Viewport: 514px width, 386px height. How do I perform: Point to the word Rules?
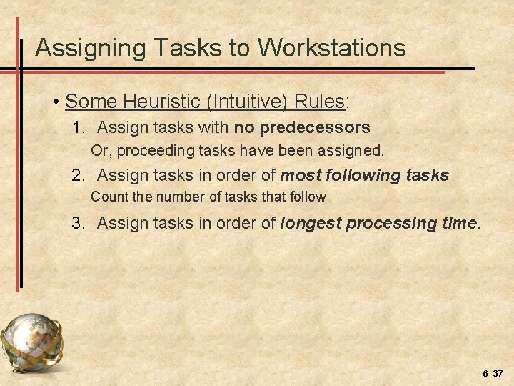[x=319, y=101]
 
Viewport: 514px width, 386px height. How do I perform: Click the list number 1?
[x=77, y=128]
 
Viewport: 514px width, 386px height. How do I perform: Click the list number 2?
[x=77, y=175]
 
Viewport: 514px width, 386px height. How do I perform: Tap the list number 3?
[x=77, y=223]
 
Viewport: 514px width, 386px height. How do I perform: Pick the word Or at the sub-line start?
[x=99, y=152]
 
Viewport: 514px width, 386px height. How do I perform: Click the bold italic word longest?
[x=311, y=223]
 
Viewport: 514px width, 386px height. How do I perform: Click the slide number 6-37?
[x=492, y=373]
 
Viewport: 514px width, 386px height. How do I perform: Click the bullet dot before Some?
[x=56, y=102]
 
